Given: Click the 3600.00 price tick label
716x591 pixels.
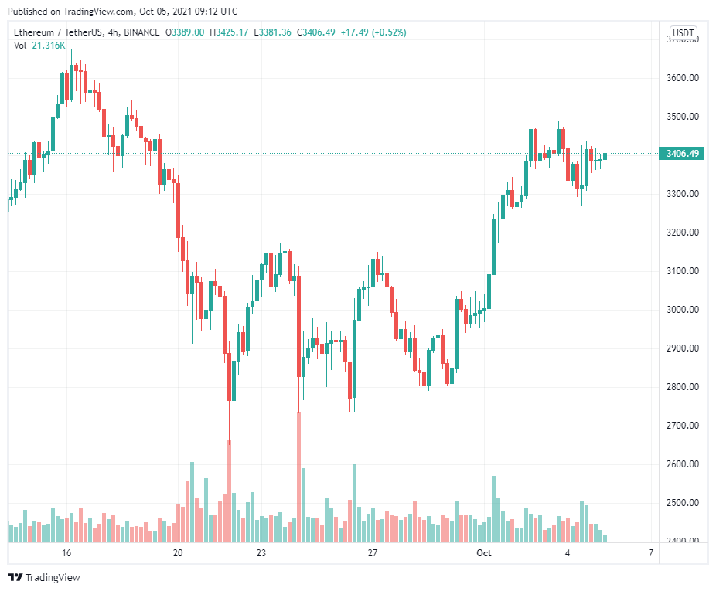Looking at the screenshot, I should click(683, 78).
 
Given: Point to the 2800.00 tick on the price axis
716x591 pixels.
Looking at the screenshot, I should click(683, 387).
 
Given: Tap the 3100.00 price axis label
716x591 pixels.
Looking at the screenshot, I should click(683, 271).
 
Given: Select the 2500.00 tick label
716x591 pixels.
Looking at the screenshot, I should click(683, 503).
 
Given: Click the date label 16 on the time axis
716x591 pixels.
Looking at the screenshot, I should click(66, 553).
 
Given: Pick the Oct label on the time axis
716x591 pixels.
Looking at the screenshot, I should click(484, 553).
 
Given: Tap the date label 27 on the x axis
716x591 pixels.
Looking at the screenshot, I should click(373, 553).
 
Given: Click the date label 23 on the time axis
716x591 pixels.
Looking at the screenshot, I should click(261, 553).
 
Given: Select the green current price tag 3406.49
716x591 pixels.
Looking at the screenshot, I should click(682, 154).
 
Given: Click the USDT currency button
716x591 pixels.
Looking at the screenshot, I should click(683, 32).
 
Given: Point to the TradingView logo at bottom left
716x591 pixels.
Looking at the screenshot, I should click(44, 577).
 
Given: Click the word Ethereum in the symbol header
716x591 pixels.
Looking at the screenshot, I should click(36, 32).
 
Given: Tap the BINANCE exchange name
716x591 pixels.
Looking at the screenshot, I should click(141, 32).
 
